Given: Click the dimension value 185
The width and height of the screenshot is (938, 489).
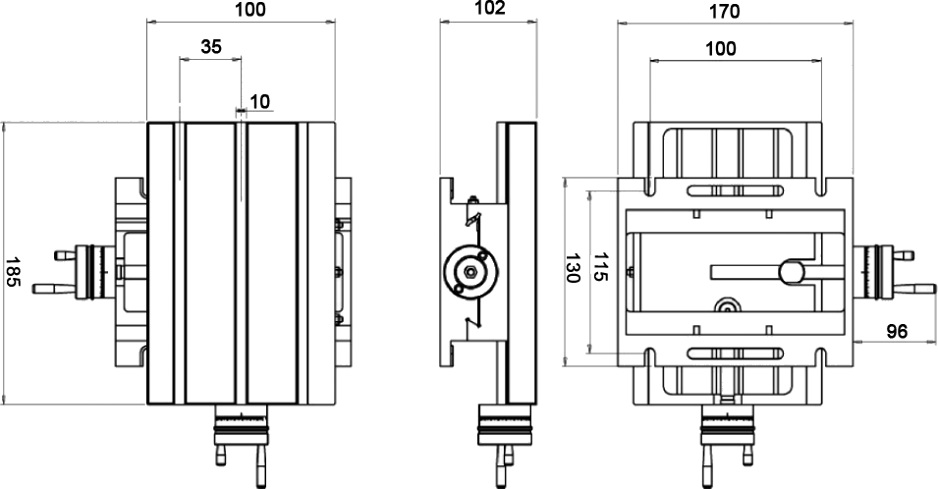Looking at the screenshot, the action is point(13,273).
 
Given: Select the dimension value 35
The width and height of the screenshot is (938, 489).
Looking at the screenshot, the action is point(211,46).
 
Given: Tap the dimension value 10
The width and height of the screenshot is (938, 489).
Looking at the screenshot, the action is point(260,101).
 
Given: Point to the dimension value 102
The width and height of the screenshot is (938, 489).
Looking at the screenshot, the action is point(490,8).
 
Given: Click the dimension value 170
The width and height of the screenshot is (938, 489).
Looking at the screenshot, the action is point(725,12).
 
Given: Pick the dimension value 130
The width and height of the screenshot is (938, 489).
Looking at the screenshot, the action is point(573,268).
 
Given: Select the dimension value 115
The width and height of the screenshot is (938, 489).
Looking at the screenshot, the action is point(600,267).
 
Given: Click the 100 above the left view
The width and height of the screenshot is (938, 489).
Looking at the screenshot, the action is point(250,10).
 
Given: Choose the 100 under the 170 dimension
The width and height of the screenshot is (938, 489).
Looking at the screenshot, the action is point(721,48).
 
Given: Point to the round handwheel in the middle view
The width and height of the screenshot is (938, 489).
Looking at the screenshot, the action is point(470,272).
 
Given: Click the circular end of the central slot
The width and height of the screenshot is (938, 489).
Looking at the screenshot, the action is point(792,272).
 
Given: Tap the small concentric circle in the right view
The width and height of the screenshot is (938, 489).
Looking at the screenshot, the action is point(727,305).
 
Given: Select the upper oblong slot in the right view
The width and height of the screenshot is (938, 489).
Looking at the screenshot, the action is point(736,190).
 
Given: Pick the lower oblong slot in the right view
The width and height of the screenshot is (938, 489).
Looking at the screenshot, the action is point(736,353).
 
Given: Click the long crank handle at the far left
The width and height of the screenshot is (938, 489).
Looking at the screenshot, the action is point(54,289).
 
